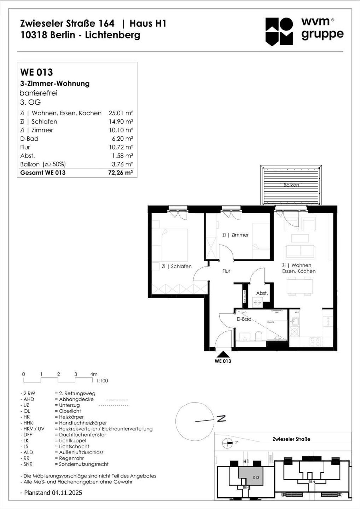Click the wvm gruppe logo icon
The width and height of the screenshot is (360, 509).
coord(279,31)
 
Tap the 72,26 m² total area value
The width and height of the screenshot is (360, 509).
coord(120,173)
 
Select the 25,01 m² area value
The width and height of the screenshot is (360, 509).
coord(121,113)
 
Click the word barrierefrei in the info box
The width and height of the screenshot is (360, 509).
coord(38,93)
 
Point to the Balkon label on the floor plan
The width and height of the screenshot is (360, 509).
coord(291,185)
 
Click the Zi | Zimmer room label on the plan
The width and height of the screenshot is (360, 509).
coord(235,235)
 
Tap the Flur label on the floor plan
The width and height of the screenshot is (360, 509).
coord(226,271)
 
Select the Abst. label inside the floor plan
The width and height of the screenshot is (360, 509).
coord(262,293)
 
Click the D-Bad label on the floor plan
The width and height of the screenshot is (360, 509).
coord(244,319)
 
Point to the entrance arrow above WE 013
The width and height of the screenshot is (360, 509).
coord(223,354)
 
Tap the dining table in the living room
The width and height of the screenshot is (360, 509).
coord(299,286)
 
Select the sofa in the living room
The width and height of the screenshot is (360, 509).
coord(300,251)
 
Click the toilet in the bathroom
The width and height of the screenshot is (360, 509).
coord(258,336)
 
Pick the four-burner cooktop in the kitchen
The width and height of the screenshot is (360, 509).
coord(315,342)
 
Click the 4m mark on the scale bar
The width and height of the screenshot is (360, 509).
coord(94,374)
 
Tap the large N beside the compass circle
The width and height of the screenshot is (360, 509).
coord(221,419)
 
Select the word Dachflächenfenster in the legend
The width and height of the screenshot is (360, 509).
coord(82,435)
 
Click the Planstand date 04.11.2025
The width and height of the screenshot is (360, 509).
coord(67,493)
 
